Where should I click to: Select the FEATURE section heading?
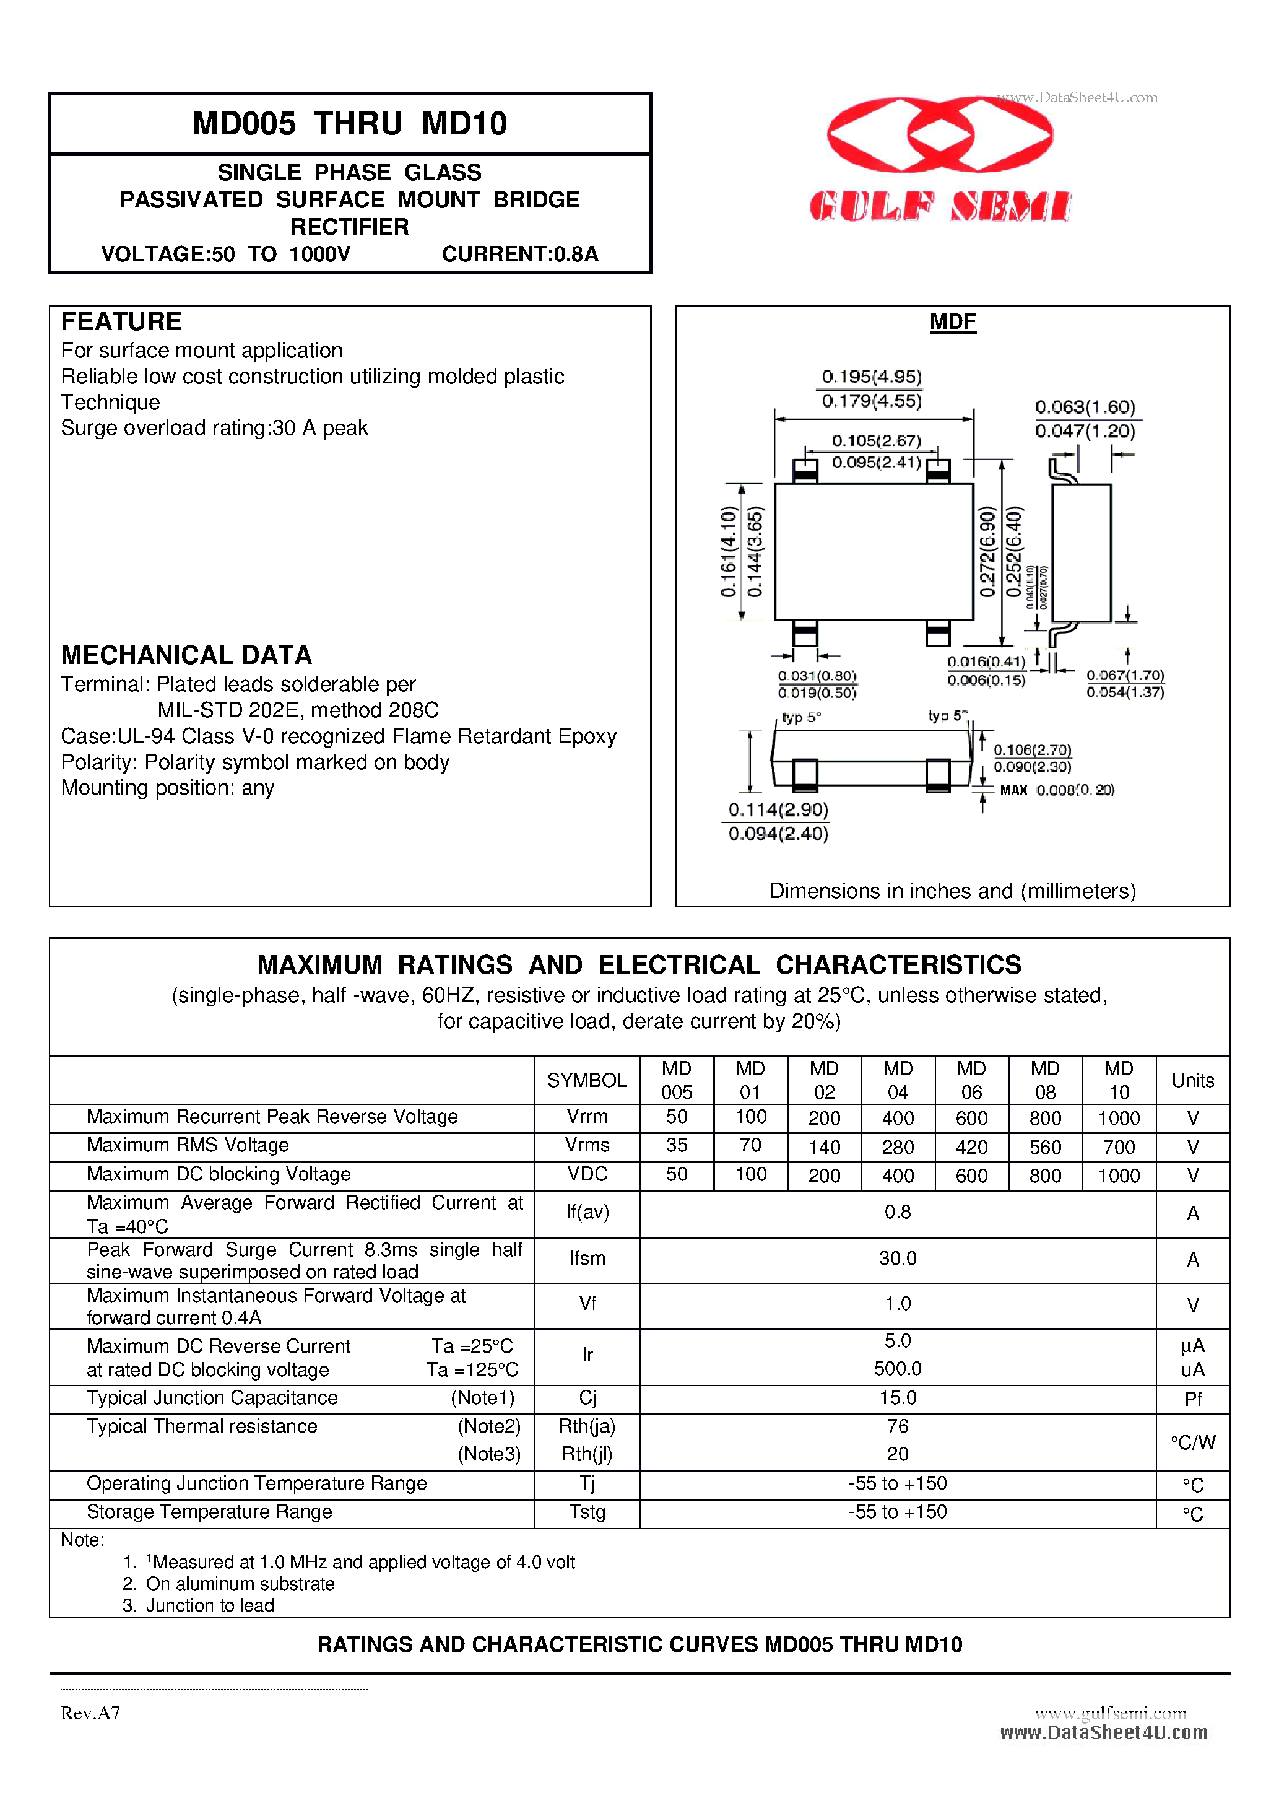121,322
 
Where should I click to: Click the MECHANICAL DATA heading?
186,655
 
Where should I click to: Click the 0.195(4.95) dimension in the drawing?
871,377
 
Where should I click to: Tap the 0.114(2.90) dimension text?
778,810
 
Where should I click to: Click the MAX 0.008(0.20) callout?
1056,790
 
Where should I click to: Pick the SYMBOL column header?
587,1081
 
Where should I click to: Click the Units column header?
1192,1081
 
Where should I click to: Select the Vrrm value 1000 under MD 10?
1118,1118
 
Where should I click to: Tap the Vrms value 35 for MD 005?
676,1145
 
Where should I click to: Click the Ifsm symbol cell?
587,1259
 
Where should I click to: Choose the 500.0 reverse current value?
898,1369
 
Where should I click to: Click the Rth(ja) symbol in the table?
587,1426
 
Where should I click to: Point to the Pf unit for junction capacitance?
1192,1399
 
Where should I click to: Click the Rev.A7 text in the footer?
90,1713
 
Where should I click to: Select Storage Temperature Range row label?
209,1512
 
